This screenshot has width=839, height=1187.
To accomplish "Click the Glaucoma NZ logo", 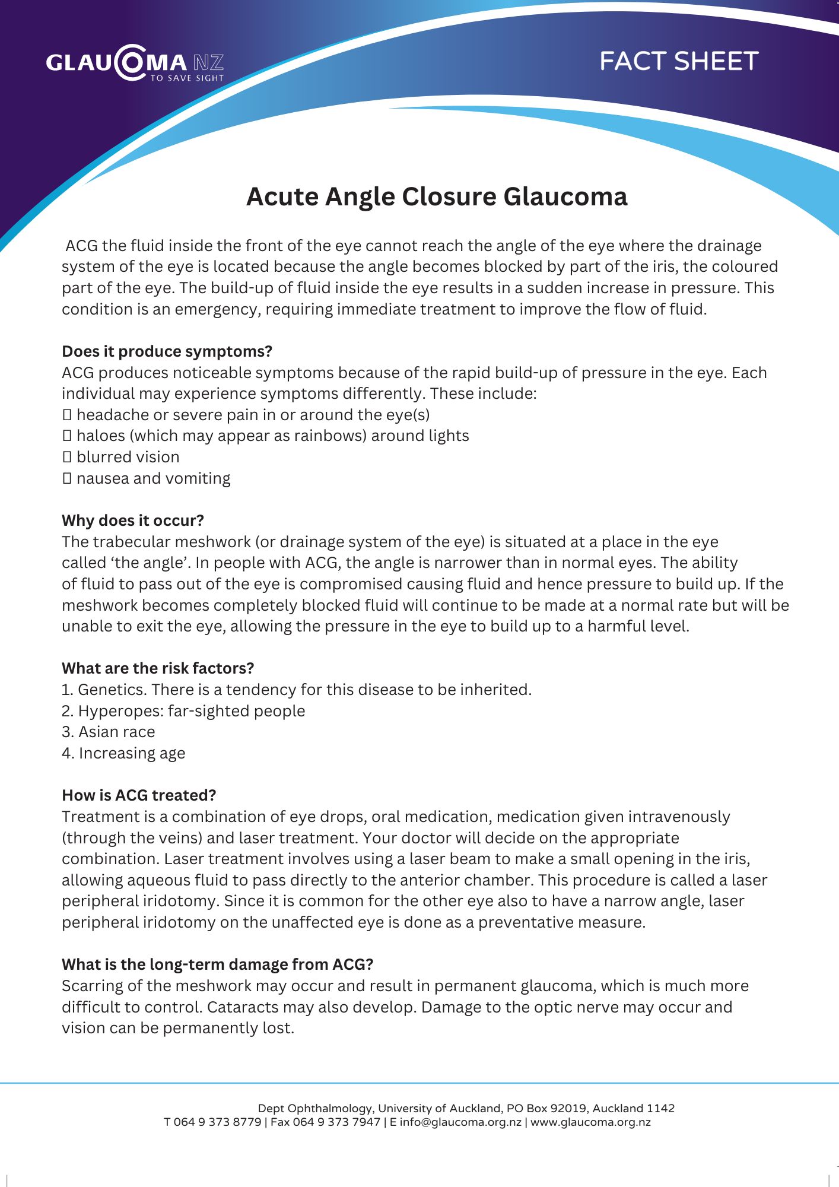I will pos(135,63).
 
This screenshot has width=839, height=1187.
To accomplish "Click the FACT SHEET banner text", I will pos(679,61).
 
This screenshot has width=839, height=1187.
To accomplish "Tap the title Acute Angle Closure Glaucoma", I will pos(437,196).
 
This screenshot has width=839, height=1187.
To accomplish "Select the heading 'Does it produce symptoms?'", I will pos(167,351).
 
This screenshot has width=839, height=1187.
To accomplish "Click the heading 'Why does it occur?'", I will pos(133,520).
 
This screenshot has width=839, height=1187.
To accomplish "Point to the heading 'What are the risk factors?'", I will pos(158,668).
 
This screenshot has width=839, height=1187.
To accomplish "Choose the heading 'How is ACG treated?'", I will pos(139,795).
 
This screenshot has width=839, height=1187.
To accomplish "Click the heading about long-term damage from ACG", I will pos(217,964).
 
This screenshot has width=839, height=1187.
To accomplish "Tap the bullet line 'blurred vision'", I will pos(128,457).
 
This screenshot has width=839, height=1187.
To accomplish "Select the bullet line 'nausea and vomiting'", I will pos(153,478).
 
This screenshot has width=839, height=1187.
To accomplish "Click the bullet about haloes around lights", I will pos(272,436).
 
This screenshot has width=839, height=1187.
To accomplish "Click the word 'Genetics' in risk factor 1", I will pos(112,690).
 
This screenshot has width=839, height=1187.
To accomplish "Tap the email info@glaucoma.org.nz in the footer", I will pos(460,1122).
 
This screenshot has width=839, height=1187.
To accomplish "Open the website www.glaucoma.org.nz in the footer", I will pos(590,1122).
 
